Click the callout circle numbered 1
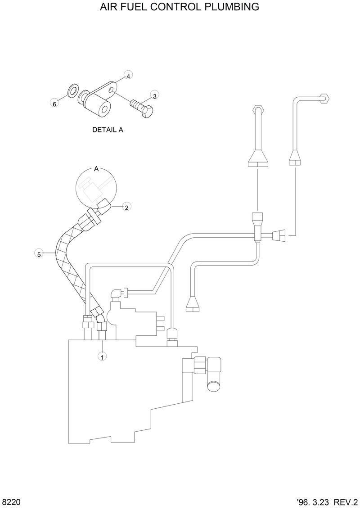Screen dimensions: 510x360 (102, 357)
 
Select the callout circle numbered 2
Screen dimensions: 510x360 (127, 207)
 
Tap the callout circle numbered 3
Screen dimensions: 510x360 (154, 95)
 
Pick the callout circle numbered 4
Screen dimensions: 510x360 (128, 76)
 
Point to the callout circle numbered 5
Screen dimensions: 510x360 (39, 254)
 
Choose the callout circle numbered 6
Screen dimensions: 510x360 (54, 104)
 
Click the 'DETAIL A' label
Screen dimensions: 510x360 (108, 130)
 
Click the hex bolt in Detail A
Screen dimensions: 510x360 (143, 108)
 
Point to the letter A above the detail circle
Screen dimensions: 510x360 (96, 169)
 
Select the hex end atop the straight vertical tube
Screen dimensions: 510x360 (257, 109)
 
